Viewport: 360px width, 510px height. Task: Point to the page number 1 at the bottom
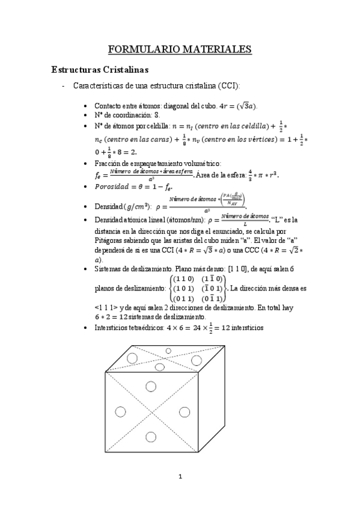click(x=180, y=478)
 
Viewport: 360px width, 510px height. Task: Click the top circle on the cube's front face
click(x=151, y=386)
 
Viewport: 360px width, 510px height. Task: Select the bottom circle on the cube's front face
click(x=151, y=437)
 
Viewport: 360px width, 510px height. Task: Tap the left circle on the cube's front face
click(x=119, y=411)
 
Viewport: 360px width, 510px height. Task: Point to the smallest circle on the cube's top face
click(x=168, y=350)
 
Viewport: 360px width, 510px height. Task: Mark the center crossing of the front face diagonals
click(x=151, y=411)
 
